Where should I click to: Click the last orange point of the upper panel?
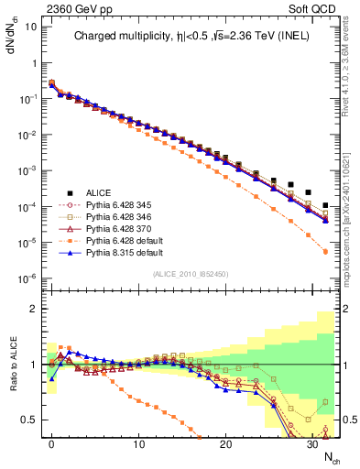[x=326, y=251]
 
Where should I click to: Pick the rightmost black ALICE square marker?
[x=326, y=205]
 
